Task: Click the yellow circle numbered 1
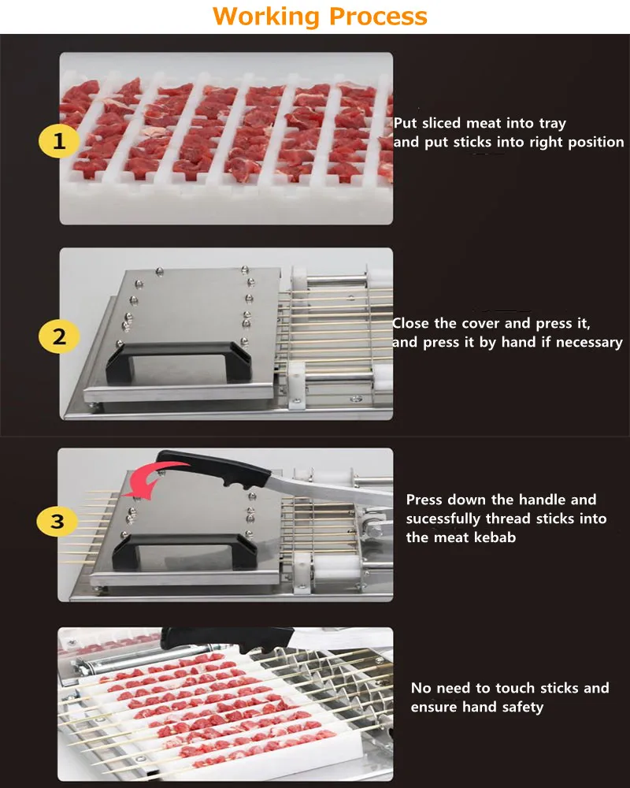pos(60,143)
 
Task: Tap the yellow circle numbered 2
pos(60,337)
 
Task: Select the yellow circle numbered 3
pos(60,521)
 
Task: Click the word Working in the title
pos(265,16)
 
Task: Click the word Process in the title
pos(378,16)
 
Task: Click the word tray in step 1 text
pos(552,124)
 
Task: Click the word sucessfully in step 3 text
pos(443,519)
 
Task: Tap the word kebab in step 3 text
pos(498,537)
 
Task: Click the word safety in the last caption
pos(521,707)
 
